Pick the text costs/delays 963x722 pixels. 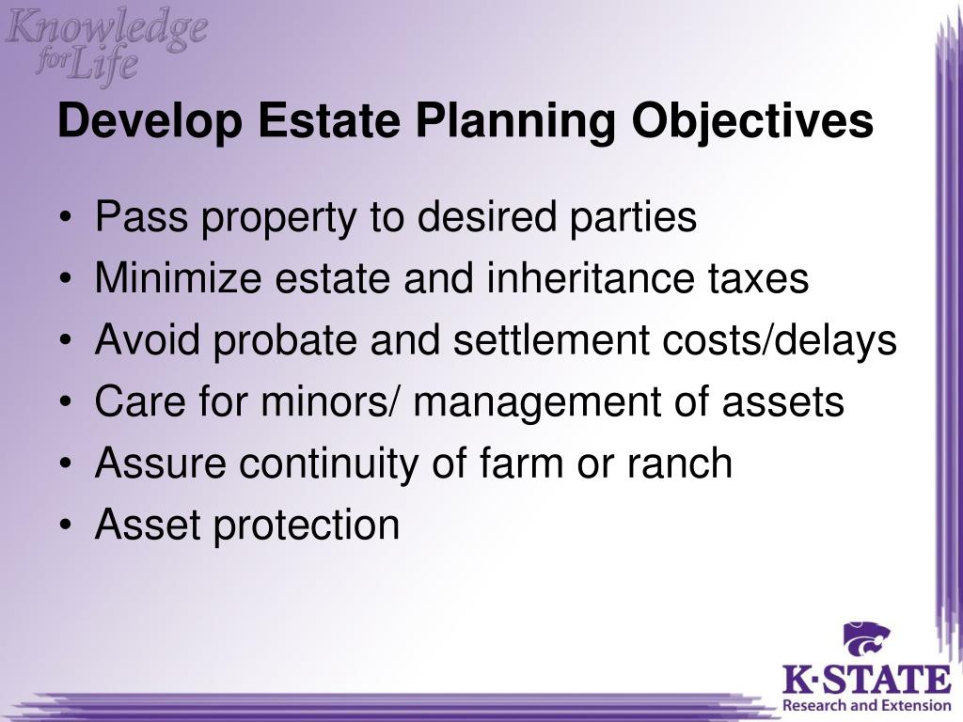787,341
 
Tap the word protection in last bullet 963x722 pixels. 306,525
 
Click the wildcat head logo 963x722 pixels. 866,640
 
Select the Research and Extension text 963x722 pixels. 866,704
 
